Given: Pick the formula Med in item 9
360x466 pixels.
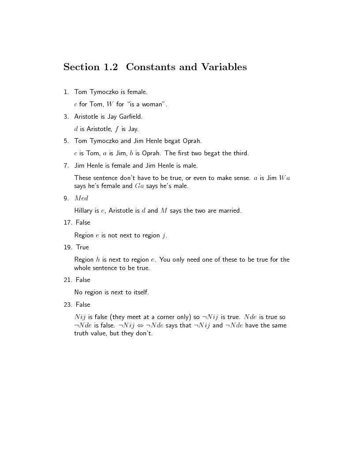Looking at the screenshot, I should pyautogui.click(x=81, y=198).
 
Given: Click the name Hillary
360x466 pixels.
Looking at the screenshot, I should pyautogui.click(x=83, y=210).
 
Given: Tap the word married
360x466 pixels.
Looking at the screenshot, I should pyautogui.click(x=230, y=210).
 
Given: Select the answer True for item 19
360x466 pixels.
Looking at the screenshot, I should pyautogui.click(x=82, y=247).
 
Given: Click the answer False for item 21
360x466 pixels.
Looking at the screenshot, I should pyautogui.click(x=83, y=280).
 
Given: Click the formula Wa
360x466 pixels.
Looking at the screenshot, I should pyautogui.click(x=285, y=178).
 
